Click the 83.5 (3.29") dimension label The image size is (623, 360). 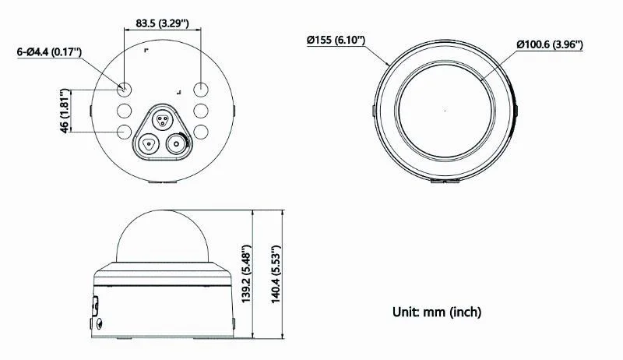click(163, 23)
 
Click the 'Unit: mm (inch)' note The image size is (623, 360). click(436, 312)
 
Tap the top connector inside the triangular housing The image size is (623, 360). click(163, 119)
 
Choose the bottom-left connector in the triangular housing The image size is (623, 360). click(148, 143)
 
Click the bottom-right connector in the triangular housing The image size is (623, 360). click(178, 143)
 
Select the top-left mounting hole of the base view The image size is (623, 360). click(125, 88)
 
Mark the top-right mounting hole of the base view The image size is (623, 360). click(201, 88)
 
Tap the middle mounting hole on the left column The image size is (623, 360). click(125, 110)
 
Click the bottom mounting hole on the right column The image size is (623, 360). click(201, 132)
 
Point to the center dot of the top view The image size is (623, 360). click(445, 108)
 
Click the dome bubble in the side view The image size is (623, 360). click(163, 238)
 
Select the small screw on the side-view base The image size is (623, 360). click(98, 322)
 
